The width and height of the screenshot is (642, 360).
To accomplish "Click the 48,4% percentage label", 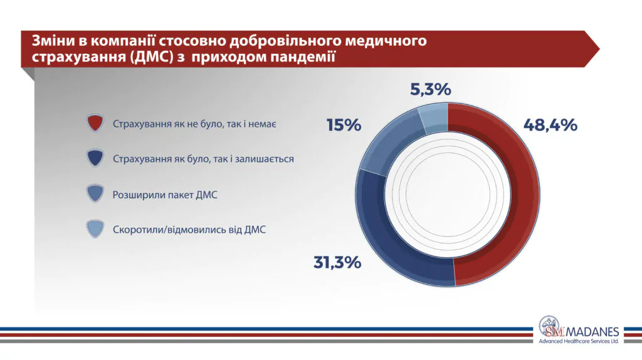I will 550,125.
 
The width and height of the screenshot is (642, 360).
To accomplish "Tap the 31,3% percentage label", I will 337,262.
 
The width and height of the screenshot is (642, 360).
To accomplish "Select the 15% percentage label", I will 344,125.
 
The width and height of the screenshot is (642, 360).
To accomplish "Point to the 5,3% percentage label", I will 431,90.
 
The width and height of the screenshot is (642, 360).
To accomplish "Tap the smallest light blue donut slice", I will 433,118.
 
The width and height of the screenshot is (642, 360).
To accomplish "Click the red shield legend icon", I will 95,124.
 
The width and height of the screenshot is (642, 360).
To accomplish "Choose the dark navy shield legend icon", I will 95,159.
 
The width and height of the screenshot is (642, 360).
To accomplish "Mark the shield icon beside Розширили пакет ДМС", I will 95,194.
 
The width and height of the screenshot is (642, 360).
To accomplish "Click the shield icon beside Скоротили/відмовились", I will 95,230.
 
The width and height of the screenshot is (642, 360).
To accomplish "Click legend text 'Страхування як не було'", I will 195,124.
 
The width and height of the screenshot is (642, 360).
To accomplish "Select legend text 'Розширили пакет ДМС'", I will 165,195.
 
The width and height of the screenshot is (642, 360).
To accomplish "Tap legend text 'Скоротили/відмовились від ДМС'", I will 189,230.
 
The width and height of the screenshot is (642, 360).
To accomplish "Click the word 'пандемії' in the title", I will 304,57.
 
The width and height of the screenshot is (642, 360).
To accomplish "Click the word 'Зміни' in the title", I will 50,41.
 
